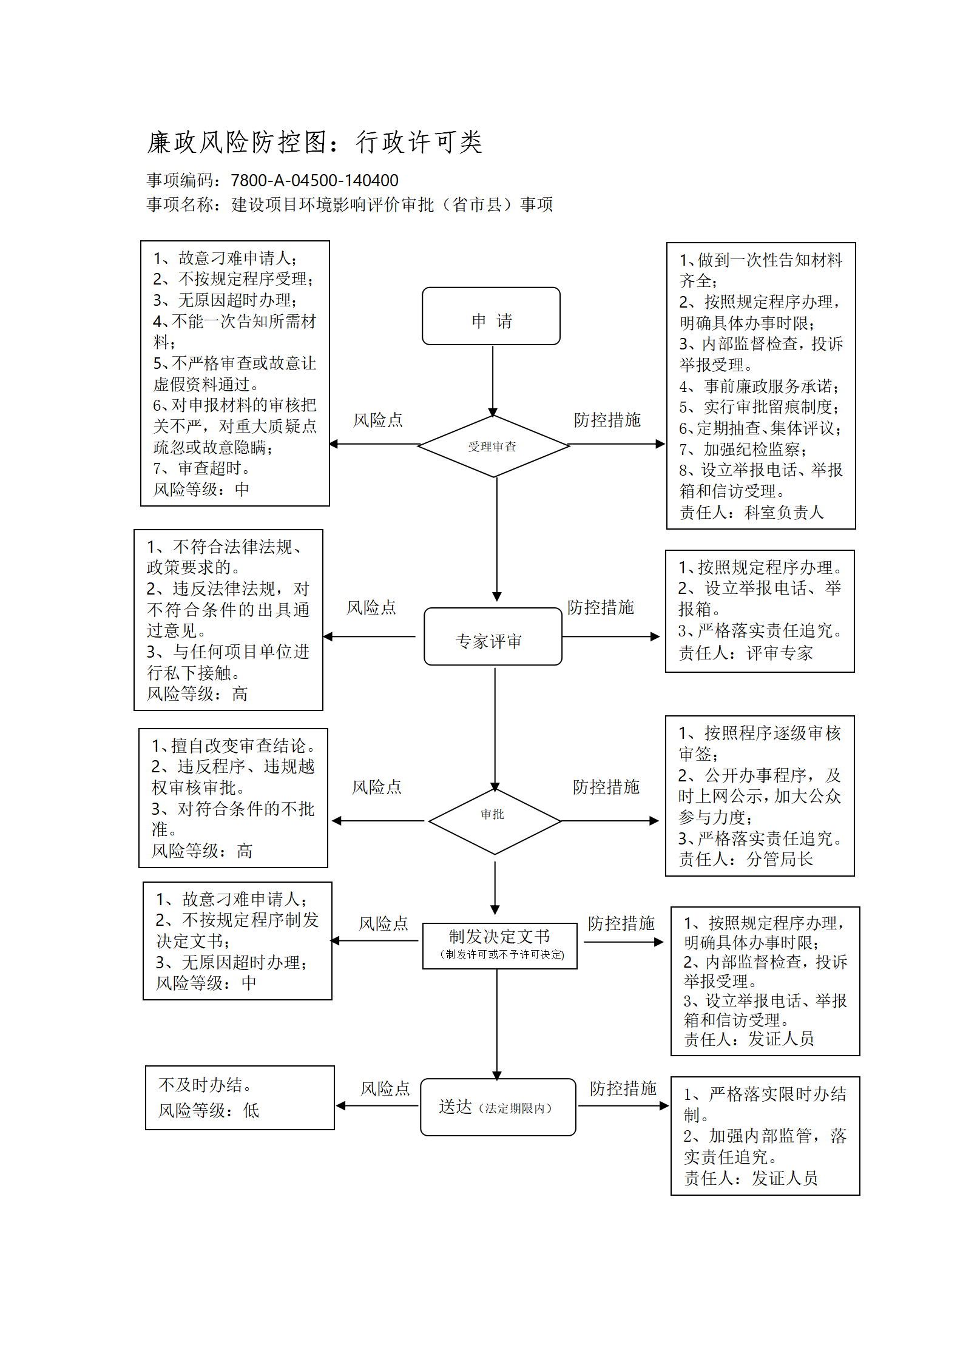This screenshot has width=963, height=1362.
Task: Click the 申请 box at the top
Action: [491, 316]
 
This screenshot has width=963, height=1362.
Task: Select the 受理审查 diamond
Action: [493, 446]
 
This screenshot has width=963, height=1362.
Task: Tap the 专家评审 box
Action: [493, 636]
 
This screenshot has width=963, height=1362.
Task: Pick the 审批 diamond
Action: [495, 821]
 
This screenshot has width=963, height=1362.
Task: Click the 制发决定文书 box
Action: [499, 946]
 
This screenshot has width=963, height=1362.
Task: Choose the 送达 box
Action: [498, 1107]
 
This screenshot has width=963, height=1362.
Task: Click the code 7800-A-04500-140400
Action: [314, 180]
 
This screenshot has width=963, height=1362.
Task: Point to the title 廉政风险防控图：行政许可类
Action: [315, 142]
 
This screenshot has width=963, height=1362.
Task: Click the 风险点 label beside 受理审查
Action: [378, 420]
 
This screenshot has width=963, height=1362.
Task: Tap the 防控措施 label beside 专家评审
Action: [601, 607]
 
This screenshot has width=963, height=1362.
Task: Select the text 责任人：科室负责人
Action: [752, 513]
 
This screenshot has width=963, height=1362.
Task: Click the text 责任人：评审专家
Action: [746, 653]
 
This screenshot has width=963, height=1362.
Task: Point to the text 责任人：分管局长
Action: [746, 859]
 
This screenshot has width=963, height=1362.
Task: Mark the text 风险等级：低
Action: [209, 1110]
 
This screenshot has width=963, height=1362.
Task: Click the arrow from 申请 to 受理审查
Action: [493, 380]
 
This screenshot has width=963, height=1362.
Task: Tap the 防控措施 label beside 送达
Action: [623, 1088]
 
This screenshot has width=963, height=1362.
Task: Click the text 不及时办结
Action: [205, 1085]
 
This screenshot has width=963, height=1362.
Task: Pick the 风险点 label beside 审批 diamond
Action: [377, 787]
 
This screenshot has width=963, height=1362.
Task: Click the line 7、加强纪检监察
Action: [743, 450]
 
